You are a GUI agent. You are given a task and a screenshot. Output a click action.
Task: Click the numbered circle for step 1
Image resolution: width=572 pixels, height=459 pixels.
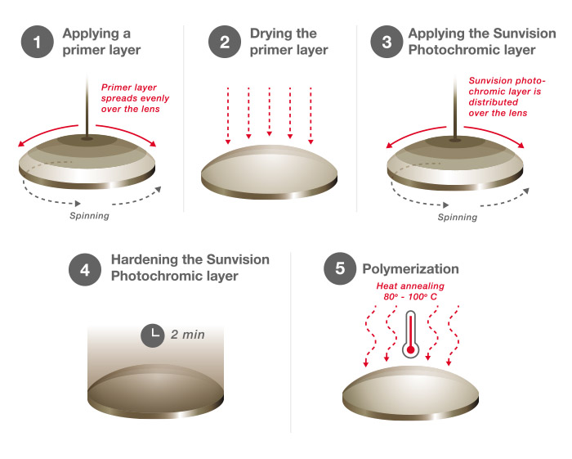tap(38, 42)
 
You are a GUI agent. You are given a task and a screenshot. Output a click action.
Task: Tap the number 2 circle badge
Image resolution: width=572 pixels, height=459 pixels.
tap(225, 42)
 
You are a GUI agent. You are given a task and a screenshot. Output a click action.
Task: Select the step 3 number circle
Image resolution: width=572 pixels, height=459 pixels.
tap(387, 42)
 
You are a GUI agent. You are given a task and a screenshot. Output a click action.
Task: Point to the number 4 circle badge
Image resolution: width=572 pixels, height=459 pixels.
tap(85, 270)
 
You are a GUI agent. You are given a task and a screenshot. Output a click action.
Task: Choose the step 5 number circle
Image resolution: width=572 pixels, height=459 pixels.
tap(340, 268)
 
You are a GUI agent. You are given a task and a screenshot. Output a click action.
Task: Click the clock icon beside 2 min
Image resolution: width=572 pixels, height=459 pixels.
tap(153, 335)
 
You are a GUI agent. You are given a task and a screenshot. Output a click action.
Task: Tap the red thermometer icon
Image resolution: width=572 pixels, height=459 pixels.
tap(411, 334)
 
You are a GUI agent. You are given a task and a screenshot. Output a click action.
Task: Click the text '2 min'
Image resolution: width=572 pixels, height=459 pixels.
tap(187, 335)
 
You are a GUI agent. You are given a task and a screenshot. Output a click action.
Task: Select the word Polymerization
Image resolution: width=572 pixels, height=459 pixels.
tap(410, 269)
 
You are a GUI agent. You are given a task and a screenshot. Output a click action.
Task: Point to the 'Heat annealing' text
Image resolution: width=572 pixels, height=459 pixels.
tap(410, 286)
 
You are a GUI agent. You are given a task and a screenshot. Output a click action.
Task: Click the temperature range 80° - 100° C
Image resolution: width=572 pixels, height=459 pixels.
tap(410, 296)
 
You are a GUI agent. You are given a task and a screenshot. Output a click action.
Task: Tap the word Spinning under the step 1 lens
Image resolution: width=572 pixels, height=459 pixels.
tap(89, 216)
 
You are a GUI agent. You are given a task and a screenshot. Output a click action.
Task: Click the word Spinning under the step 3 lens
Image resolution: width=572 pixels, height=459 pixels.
tap(458, 218)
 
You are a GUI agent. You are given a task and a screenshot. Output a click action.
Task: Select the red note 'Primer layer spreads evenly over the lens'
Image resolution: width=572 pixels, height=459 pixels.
tap(135, 98)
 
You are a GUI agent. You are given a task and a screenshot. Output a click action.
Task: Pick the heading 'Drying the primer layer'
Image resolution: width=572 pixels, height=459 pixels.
tap(289, 42)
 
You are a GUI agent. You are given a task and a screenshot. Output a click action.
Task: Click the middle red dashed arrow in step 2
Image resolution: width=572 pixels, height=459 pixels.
tap(269, 112)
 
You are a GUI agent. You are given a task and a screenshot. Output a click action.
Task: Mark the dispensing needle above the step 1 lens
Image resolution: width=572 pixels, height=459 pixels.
tap(87, 106)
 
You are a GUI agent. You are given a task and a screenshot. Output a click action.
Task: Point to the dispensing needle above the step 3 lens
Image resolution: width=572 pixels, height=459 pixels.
tap(455, 108)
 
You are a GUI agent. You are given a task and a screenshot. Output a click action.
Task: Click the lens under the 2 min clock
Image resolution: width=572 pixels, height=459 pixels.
tap(155, 391)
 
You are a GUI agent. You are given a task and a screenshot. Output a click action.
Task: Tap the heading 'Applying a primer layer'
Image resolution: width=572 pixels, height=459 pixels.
tap(101, 42)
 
